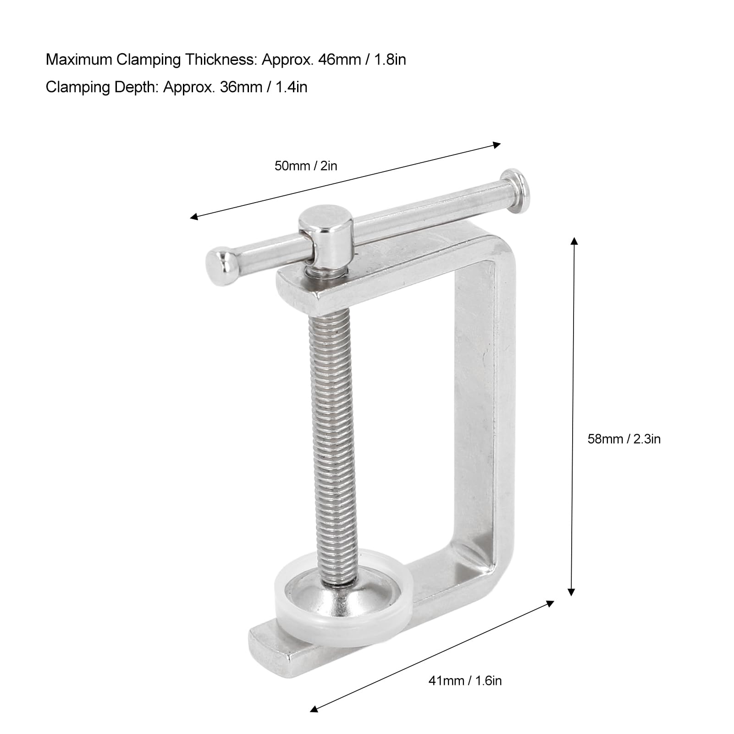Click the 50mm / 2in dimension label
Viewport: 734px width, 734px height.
(306, 166)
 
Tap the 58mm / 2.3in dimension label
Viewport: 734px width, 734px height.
(624, 439)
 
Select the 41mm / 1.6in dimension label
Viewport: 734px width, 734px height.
(465, 680)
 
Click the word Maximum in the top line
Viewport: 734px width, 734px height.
(78, 60)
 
